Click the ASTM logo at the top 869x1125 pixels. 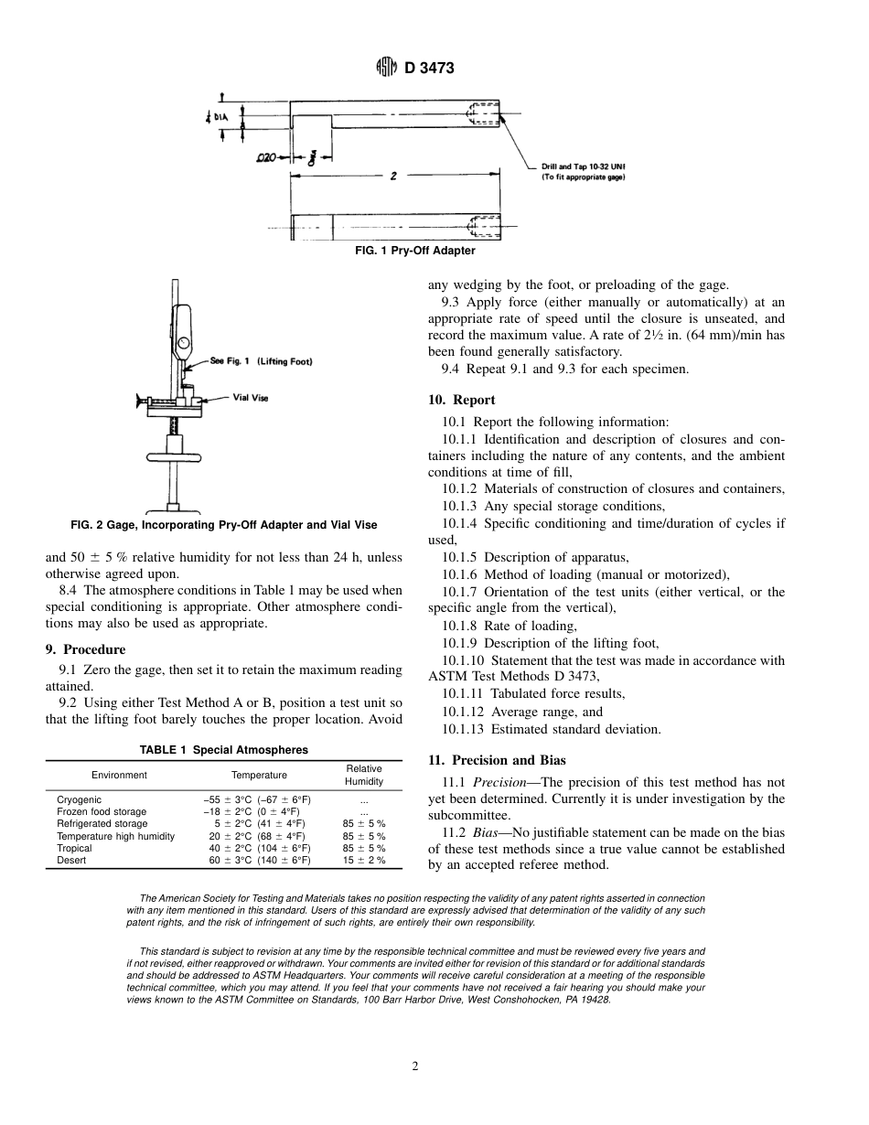pos(387,68)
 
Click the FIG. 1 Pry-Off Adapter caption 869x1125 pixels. pos(414,251)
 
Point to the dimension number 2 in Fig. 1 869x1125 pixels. pos(392,177)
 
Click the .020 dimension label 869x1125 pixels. pos(266,157)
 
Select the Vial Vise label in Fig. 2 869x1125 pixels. pos(251,398)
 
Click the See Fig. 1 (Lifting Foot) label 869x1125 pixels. pos(261,361)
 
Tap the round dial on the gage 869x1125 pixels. pos(183,344)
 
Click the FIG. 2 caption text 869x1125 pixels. pos(223,525)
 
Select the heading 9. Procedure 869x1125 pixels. pos(85,649)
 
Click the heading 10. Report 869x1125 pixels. pos(461,400)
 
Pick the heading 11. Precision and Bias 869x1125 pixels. pos(497,760)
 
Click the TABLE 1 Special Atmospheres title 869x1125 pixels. pos(223,750)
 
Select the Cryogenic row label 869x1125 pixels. pos(79,800)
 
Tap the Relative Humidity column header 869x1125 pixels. pos(363,775)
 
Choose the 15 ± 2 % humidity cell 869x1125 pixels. pos(363,861)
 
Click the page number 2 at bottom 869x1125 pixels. pos(415,1066)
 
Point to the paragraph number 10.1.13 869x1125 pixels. pos(463,729)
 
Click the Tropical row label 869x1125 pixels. pos(74,849)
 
